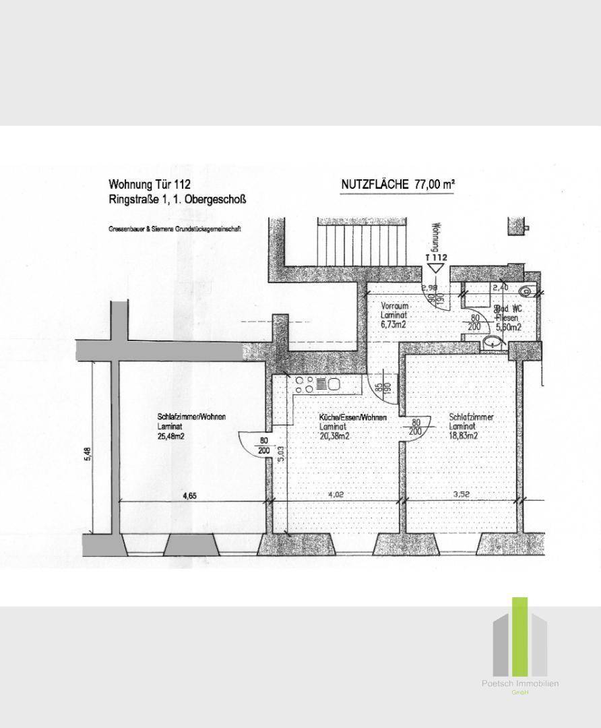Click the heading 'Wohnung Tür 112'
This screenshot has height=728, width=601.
click(150, 184)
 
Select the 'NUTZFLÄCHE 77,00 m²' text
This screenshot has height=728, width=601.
click(400, 184)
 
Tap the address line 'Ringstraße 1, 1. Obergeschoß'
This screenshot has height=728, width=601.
click(178, 200)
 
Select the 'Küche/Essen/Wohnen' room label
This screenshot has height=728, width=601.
click(353, 418)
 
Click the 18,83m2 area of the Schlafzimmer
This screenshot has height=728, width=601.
click(464, 435)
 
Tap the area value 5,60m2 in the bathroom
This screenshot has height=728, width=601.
click(508, 327)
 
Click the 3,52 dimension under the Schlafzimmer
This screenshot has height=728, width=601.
click(461, 495)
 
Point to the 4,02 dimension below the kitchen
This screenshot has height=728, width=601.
click(335, 495)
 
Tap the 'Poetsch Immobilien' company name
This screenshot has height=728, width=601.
click(519, 684)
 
